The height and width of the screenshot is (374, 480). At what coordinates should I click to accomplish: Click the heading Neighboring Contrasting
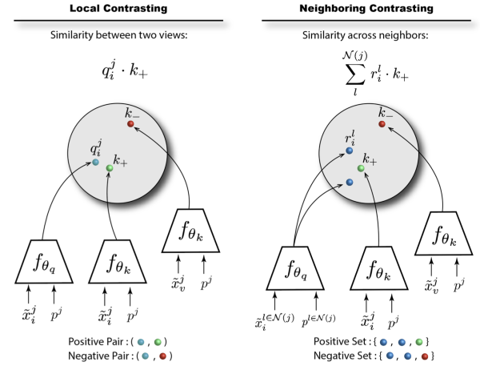pos(360,9)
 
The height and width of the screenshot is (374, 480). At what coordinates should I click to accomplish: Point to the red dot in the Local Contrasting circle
pos(130,124)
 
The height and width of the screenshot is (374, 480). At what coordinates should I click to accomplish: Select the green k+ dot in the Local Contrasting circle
pos(110,168)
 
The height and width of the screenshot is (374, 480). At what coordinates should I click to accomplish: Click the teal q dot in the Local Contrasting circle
pos(94,163)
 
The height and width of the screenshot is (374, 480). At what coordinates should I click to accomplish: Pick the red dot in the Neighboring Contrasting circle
pos(382,124)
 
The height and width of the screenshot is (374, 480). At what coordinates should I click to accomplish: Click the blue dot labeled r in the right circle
pos(350,150)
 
